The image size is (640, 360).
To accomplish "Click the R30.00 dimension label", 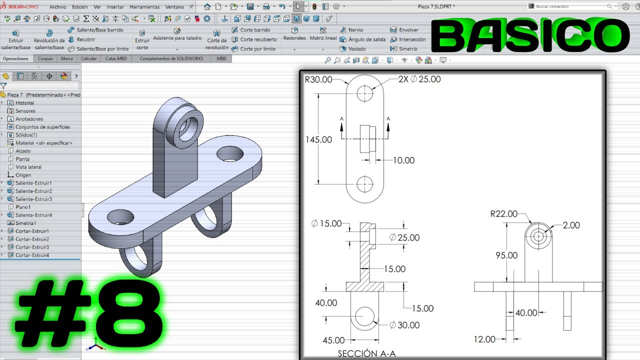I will coord(318,79).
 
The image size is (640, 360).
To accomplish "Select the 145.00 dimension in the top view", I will coord(318,139).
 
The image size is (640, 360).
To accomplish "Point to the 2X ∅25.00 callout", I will coord(419,79).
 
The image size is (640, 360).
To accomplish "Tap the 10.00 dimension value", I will coord(403,160).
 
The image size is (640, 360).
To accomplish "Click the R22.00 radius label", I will coord(503,214).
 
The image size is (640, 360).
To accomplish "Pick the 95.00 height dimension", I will coord(506,255).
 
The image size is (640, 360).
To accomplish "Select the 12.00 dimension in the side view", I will coord(484,339).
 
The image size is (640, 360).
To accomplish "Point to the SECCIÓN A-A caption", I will coord(366,353).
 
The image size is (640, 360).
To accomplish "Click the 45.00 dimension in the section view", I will coord(333,340).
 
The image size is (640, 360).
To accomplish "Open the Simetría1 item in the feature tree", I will coord(25,223).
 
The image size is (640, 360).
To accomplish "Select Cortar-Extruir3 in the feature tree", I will coord(32,247).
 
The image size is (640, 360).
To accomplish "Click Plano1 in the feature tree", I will coord(23,207).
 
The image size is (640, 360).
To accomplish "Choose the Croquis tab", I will coord(45,58).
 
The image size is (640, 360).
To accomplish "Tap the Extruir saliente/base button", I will coord(16,40).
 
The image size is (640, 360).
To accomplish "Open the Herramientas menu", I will coord(144,7).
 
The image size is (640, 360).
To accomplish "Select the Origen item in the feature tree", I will coord(23,175).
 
